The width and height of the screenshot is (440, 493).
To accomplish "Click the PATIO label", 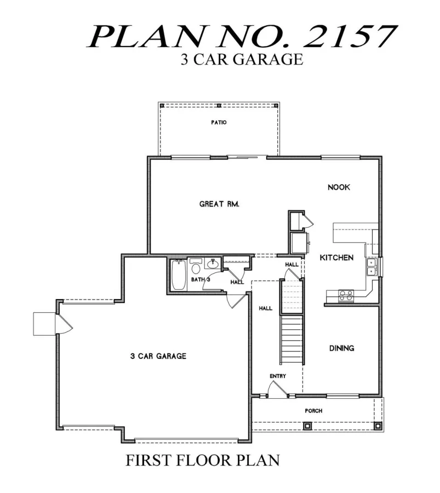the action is (219, 122).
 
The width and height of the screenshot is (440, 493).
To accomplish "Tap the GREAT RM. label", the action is (219, 204).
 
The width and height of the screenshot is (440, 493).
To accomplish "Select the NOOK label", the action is (339, 187).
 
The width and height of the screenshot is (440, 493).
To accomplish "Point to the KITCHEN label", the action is (336, 258).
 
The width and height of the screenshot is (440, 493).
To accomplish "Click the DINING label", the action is (341, 348).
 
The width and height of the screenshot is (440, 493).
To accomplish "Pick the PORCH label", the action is (313, 411).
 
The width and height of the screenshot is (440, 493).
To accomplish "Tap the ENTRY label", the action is (278, 376).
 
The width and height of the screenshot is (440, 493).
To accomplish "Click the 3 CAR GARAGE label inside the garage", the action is (158, 356).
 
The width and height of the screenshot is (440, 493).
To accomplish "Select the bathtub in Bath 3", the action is (178, 275).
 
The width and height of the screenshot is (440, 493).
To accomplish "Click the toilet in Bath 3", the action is (196, 266).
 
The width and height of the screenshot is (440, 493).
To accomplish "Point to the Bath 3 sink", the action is (213, 263).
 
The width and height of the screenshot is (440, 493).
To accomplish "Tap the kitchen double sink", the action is (372, 267).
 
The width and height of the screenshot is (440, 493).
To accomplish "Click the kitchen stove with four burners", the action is (346, 296).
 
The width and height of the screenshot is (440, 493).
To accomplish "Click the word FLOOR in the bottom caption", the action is (203, 460).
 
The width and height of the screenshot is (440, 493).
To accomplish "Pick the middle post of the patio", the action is (219, 105).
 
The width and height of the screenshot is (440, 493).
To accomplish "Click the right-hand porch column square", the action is (378, 426).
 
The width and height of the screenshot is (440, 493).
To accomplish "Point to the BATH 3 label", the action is (201, 279).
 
